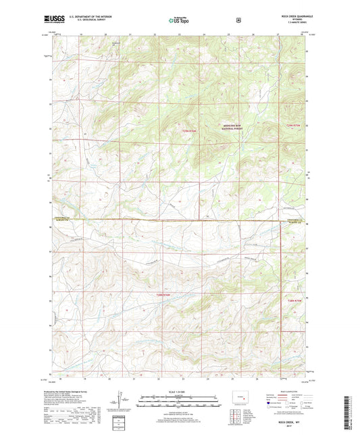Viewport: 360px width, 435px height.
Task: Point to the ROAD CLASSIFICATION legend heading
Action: click(x=288, y=392)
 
